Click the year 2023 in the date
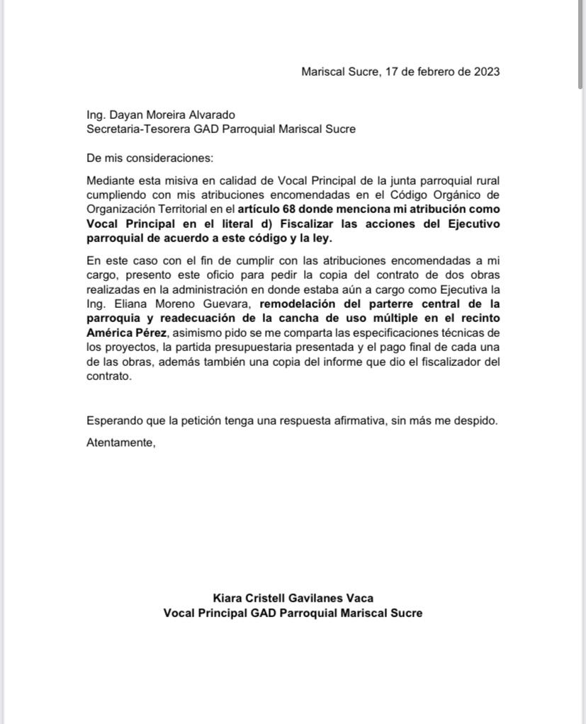486,71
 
